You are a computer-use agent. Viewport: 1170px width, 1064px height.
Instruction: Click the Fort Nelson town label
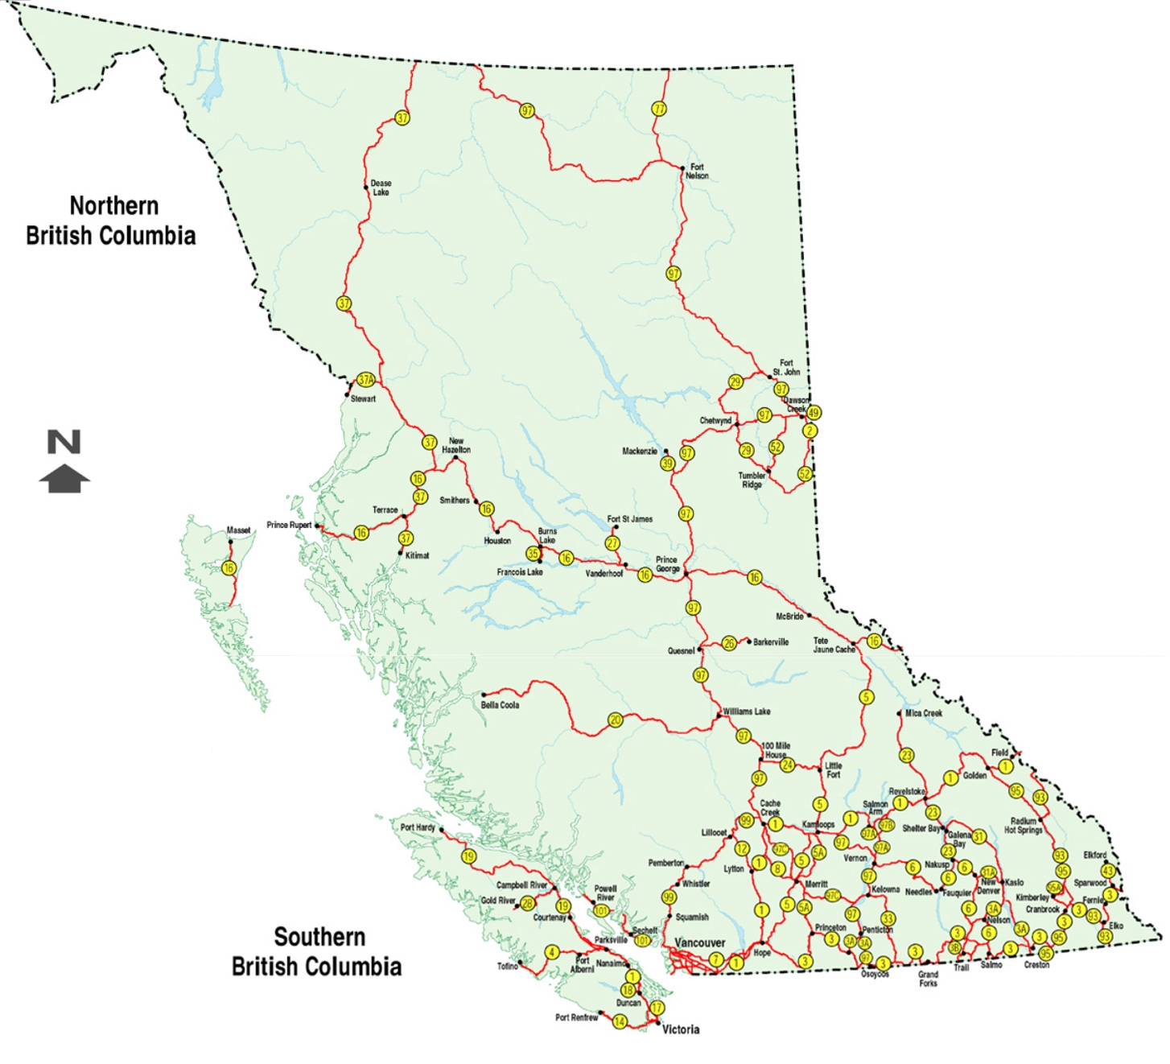tap(697, 171)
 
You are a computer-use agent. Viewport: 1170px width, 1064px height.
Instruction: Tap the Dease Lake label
tap(381, 188)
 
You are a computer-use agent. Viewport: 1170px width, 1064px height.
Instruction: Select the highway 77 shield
tap(659, 109)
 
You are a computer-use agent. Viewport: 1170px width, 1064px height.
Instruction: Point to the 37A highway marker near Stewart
tap(365, 379)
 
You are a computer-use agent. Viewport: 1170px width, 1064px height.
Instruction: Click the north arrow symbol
tap(64, 461)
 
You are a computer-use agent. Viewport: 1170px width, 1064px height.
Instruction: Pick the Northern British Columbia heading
tap(111, 221)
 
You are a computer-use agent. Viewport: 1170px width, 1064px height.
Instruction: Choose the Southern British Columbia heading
tap(316, 951)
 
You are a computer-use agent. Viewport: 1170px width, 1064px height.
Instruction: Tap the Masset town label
tap(238, 530)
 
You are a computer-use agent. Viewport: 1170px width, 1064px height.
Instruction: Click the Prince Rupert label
tap(289, 525)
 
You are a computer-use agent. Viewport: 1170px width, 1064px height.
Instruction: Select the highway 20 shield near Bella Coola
tap(616, 720)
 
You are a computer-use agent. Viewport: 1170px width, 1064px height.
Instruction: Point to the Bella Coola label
tap(500, 705)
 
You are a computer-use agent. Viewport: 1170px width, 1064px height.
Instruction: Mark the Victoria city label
tap(680, 1029)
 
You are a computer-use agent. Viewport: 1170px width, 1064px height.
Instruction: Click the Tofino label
tap(507, 966)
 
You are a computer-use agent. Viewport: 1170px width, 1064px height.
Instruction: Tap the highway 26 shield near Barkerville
tap(729, 643)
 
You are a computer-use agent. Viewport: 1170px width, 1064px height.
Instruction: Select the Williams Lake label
tap(746, 711)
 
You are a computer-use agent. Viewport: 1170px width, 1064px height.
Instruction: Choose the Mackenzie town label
tap(640, 452)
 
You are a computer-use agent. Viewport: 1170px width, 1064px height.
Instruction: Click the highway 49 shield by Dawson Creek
tap(814, 413)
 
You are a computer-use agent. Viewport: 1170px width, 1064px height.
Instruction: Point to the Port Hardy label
tap(418, 827)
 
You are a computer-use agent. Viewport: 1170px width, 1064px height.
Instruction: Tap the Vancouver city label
tap(699, 942)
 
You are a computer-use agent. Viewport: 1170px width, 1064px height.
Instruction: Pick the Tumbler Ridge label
tap(752, 480)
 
